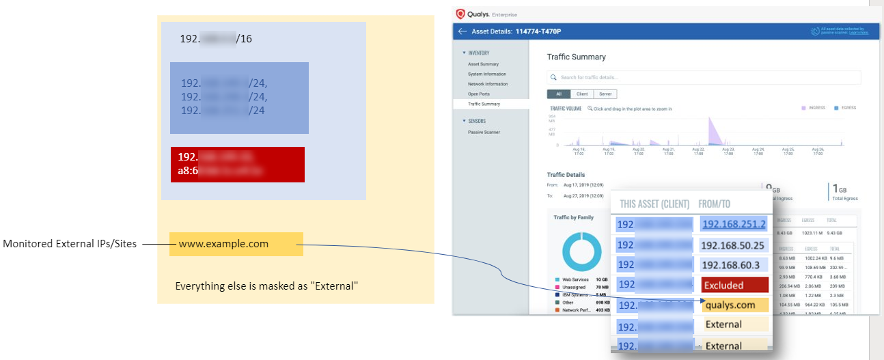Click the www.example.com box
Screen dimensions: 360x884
pos(236,244)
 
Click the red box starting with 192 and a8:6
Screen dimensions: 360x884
pos(237,164)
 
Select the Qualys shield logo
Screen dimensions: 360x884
pos(460,13)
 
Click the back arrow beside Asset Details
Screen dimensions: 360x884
pos(462,31)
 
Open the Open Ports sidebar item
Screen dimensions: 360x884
pos(478,94)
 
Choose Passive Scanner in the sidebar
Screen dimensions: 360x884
pos(484,132)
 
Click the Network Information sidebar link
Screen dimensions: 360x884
pos(488,84)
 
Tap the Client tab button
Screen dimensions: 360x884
pos(582,94)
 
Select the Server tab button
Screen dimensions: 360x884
pos(605,94)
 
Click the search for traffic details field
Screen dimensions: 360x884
pos(704,77)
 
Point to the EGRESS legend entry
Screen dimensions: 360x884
pos(844,108)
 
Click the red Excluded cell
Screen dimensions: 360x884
pos(735,286)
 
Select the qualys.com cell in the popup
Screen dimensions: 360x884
pos(735,305)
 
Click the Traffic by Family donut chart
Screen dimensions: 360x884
pos(581,252)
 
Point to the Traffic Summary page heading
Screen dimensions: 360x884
pos(576,57)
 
